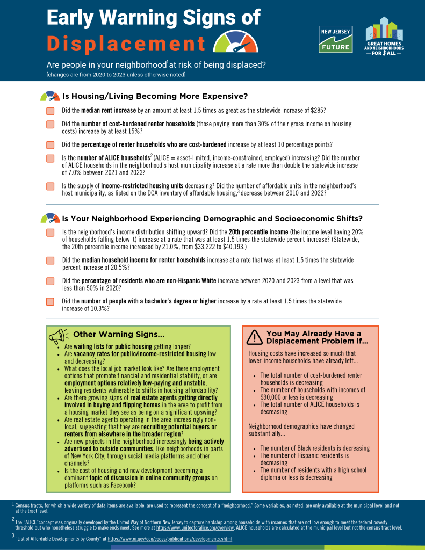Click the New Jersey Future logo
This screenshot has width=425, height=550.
tap(335, 39)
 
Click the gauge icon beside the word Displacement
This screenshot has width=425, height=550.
tap(236, 42)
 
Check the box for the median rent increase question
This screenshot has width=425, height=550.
tap(51, 111)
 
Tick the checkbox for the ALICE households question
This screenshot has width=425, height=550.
tap(51, 158)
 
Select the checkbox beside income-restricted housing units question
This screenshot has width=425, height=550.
tap(51, 186)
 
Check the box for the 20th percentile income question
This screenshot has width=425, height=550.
tap(51, 233)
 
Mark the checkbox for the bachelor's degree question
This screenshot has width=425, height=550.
tap(51, 301)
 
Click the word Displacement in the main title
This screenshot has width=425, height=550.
tap(126, 43)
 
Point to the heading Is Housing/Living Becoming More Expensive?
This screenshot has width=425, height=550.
tap(155, 97)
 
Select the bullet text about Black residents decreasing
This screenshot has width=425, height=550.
tap(315, 448)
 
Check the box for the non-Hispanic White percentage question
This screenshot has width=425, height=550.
tap(51, 281)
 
